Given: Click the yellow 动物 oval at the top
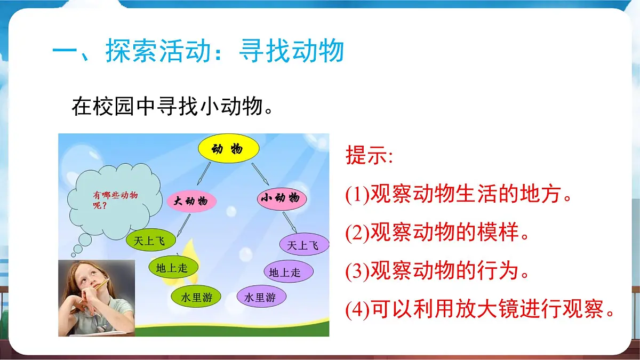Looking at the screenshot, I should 228,149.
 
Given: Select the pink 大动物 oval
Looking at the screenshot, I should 191,201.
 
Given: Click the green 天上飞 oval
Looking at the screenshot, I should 151,241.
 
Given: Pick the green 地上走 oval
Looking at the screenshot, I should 172,268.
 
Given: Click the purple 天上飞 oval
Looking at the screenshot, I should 304,245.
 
